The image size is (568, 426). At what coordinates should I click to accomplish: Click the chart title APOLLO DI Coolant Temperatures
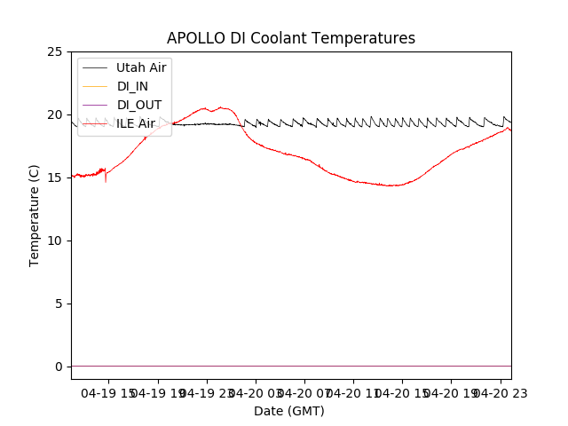[291, 38]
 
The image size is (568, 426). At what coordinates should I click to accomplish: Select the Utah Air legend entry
[141, 67]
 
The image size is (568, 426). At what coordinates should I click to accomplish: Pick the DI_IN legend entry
[133, 86]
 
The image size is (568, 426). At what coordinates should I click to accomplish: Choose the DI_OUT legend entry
[139, 105]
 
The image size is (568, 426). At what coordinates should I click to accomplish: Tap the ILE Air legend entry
[136, 123]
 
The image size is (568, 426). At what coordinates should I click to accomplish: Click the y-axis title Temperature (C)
[35, 215]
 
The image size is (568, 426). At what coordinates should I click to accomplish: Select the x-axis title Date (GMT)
[289, 411]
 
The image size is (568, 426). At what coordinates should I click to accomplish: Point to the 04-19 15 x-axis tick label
[108, 391]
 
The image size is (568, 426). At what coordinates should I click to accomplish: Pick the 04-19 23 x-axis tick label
[206, 391]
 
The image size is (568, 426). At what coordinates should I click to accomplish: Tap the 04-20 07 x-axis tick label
[304, 391]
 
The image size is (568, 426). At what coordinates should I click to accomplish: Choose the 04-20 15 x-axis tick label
[401, 391]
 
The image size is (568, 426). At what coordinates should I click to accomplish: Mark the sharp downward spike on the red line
[106, 181]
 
